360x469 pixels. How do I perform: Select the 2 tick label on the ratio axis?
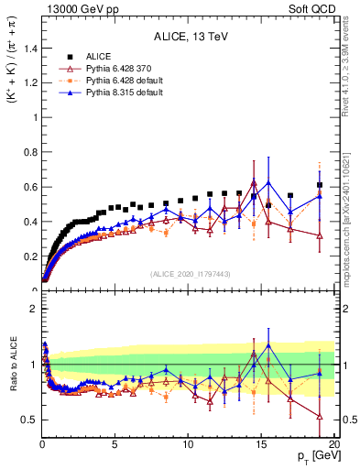[34, 309]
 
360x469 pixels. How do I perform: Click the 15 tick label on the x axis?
[261, 445]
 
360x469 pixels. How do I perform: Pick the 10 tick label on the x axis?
[188, 445]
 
